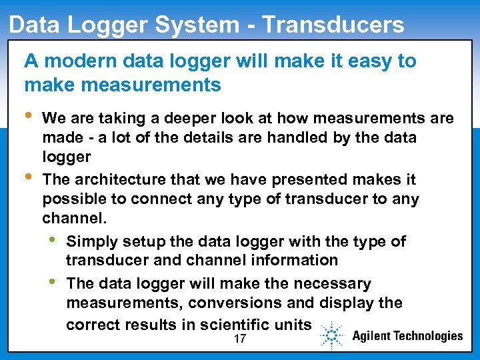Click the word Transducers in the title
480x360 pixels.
tap(333, 25)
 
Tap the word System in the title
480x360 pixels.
tap(201, 25)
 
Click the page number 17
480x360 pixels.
tap(240, 339)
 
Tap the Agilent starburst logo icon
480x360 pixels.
tap(331, 335)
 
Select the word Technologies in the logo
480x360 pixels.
tap(426, 335)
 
